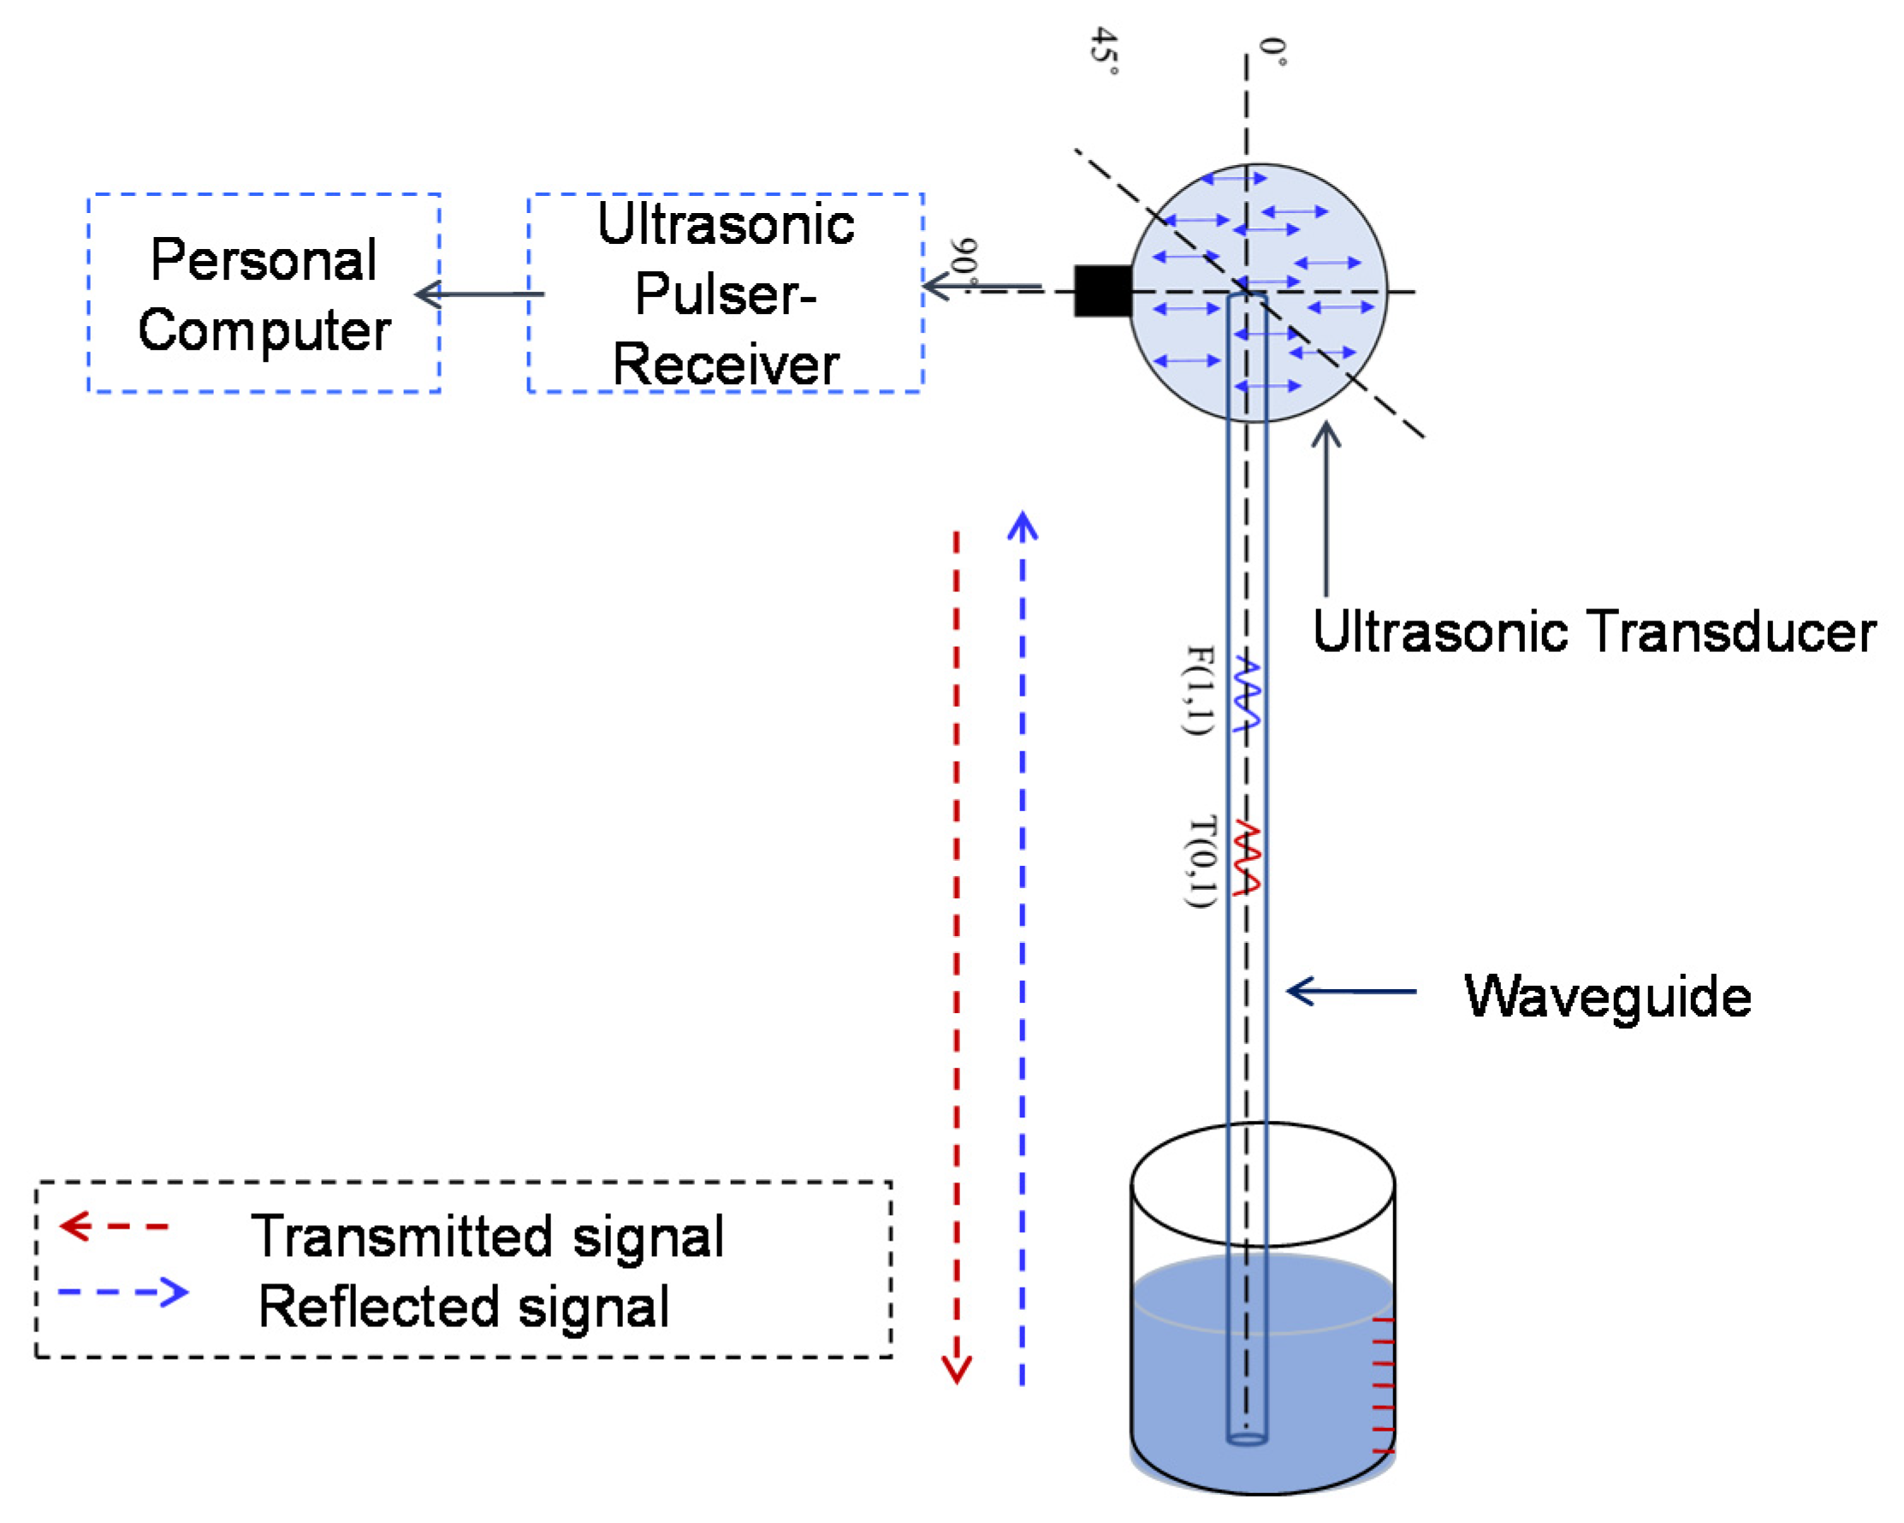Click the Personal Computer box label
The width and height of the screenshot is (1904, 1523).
pos(264,294)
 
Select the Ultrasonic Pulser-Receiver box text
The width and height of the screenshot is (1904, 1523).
pos(725,294)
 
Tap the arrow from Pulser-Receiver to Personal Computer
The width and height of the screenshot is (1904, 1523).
pos(481,293)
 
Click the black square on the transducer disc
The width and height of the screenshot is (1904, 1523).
pos(1102,290)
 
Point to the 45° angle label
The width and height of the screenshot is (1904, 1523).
pos(1105,50)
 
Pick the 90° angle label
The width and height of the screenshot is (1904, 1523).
pos(964,261)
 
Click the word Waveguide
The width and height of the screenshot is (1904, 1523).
pos(1607,997)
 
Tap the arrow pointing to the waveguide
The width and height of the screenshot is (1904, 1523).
pos(1351,991)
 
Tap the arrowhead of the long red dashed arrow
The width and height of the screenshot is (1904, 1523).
pos(957,1369)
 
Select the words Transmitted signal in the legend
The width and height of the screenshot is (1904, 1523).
pos(488,1236)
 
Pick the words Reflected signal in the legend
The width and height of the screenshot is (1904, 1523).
pos(464,1307)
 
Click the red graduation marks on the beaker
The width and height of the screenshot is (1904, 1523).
pos(1383,1386)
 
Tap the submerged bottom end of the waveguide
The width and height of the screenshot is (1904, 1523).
pos(1247,1439)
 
